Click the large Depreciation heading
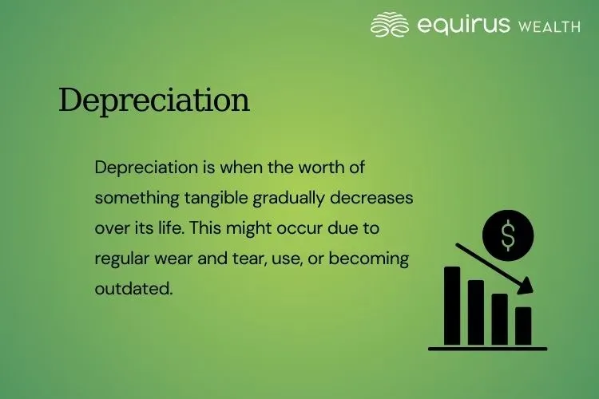coord(154,101)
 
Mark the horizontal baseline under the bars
coord(487,348)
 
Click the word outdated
coord(133,287)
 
